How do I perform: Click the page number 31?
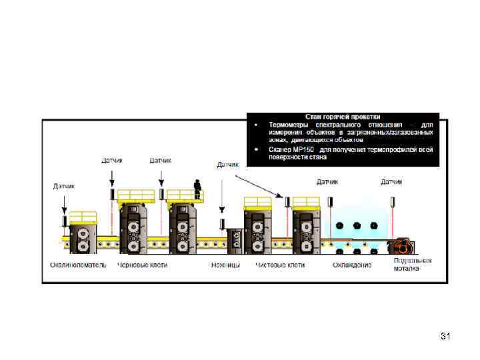446,337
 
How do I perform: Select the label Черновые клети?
142,265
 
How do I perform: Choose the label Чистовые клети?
280,265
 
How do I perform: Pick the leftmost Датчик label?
64,186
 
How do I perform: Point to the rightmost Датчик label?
391,181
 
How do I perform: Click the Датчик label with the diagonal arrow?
228,164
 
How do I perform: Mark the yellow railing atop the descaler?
83,217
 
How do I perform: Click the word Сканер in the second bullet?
280,149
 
